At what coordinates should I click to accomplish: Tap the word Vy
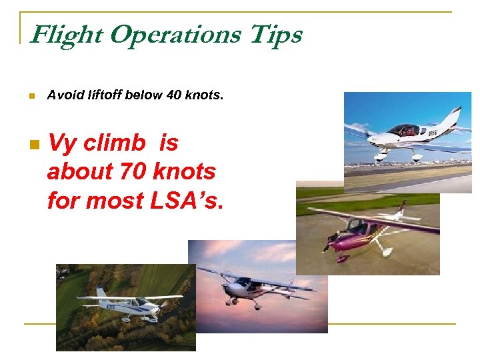tap(62, 143)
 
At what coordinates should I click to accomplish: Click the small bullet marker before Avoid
tap(31, 96)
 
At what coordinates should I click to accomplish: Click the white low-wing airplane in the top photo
tap(407, 136)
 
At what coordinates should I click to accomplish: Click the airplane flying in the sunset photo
tap(257, 287)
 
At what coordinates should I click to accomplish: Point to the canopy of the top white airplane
tap(403, 129)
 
